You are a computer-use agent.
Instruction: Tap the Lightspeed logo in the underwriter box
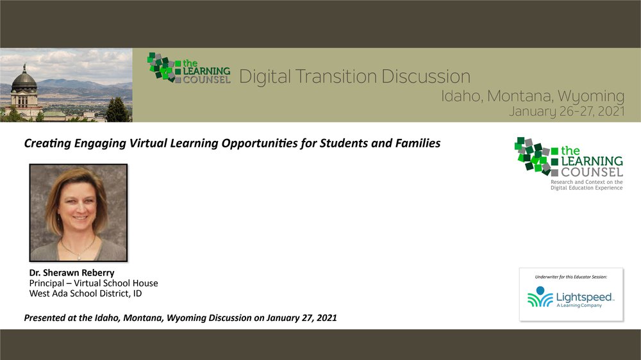(x=571, y=297)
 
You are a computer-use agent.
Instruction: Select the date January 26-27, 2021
(x=567, y=111)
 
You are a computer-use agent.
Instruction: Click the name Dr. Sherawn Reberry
(x=72, y=272)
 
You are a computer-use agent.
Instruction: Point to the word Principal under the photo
(x=47, y=283)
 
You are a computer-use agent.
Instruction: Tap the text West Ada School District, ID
(x=85, y=293)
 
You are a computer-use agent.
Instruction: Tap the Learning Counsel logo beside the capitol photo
(x=189, y=69)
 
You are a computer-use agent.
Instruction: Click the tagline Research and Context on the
(x=587, y=182)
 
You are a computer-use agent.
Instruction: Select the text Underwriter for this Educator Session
(x=571, y=277)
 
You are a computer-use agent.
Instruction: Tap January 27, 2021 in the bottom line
(x=302, y=318)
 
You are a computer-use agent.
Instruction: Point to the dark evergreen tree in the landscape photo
(x=117, y=110)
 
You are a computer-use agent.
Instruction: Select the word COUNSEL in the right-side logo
(x=592, y=172)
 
